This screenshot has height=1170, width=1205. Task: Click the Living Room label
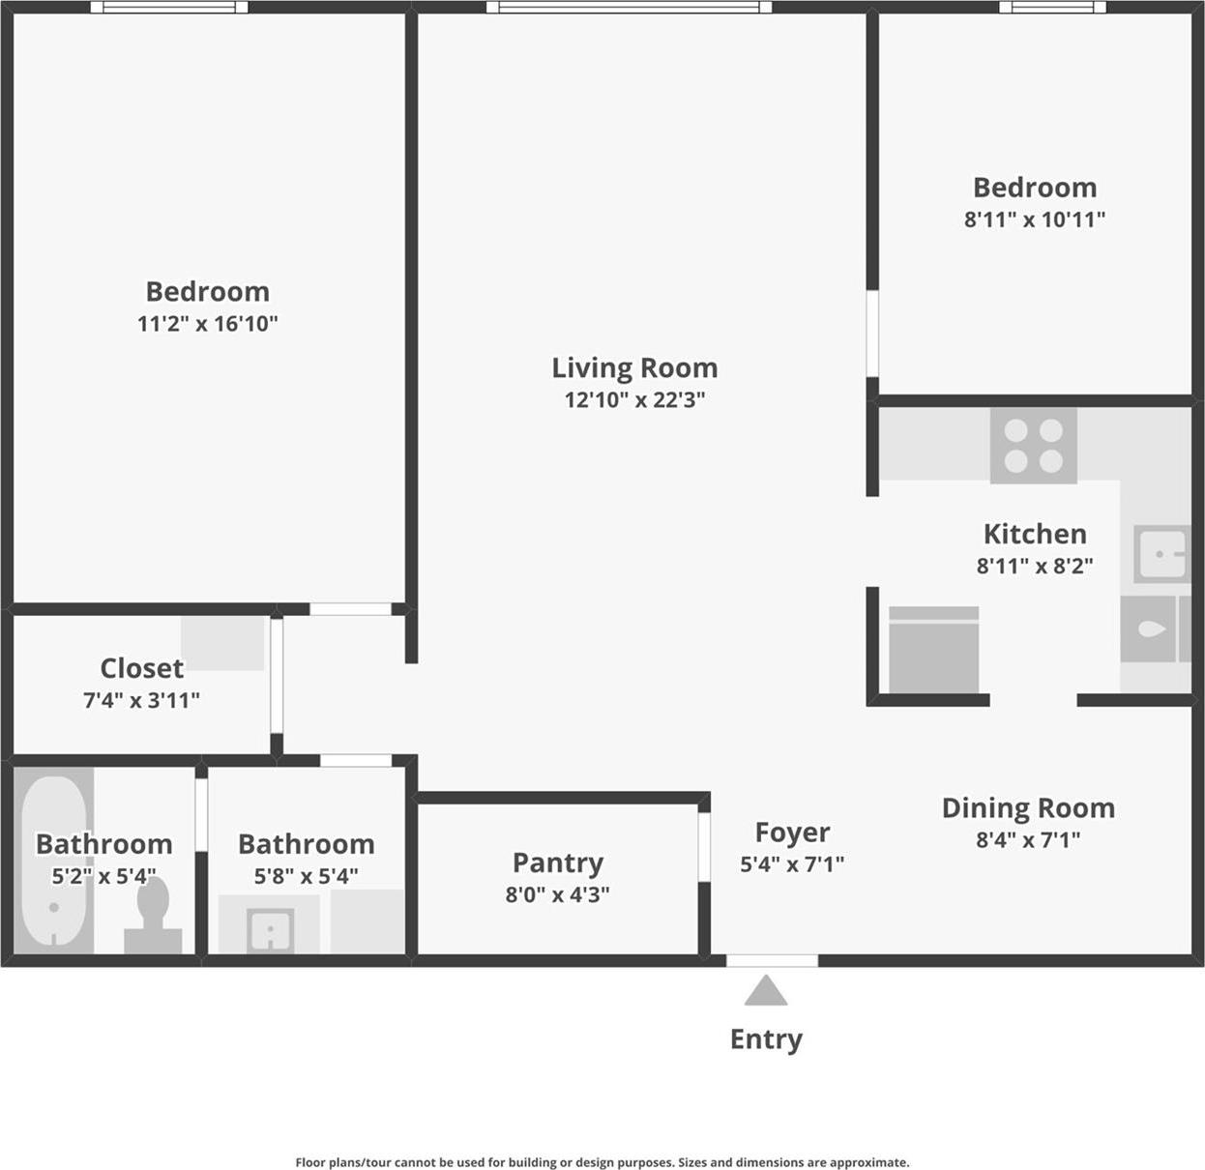click(634, 368)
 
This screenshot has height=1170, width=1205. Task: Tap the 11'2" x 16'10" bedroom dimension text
click(207, 324)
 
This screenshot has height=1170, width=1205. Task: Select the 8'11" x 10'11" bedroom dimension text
click(1034, 219)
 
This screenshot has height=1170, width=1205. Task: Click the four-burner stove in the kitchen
click(1033, 446)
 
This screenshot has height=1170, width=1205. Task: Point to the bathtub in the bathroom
click(54, 861)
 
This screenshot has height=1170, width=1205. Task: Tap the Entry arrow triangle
click(766, 991)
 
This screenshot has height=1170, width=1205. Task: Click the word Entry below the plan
click(766, 1039)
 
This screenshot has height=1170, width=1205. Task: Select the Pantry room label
click(557, 863)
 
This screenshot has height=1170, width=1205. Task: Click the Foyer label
click(792, 833)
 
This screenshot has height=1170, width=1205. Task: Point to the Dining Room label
click(1028, 808)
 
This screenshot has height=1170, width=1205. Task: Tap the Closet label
click(141, 668)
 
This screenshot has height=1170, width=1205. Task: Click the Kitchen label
click(1034, 534)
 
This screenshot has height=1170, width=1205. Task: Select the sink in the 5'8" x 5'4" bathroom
click(270, 930)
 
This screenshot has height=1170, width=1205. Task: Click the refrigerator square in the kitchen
click(933, 650)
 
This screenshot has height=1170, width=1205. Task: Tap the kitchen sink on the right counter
click(1161, 554)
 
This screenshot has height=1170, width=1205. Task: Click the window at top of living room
click(629, 7)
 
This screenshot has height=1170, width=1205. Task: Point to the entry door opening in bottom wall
click(772, 960)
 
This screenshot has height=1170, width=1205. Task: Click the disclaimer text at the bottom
click(602, 1162)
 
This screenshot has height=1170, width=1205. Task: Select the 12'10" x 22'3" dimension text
click(634, 400)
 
